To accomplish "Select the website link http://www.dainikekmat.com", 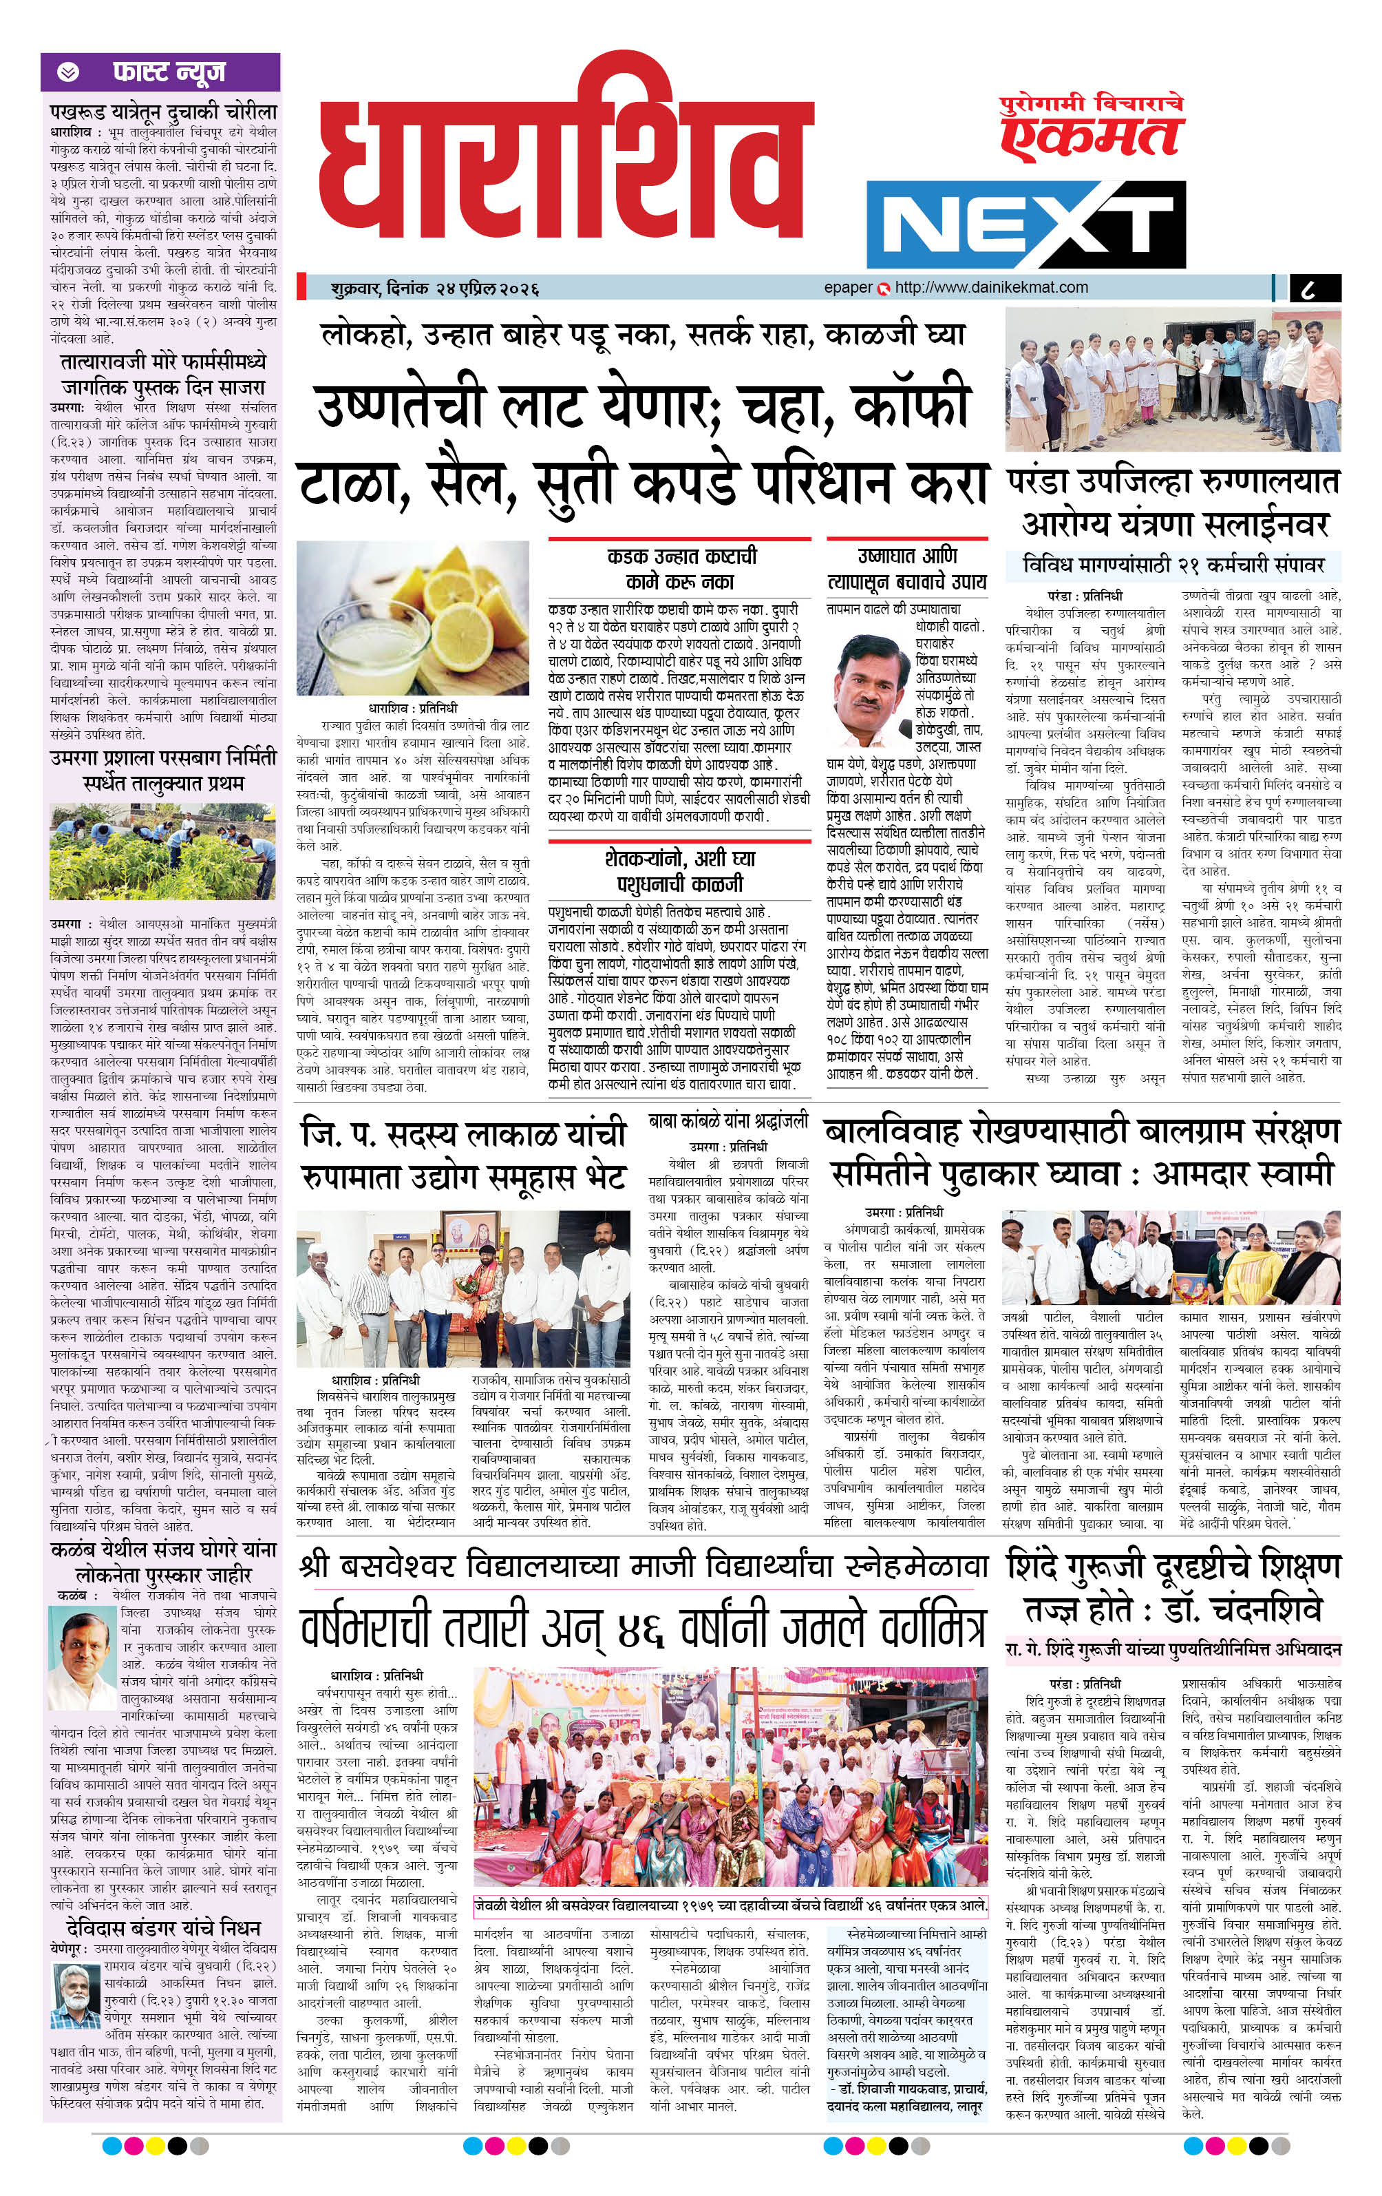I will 991,287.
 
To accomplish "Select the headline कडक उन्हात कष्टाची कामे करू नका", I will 680,568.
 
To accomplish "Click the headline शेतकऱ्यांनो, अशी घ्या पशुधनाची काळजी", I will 679,870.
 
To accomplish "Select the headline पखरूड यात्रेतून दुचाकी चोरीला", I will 163,112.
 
